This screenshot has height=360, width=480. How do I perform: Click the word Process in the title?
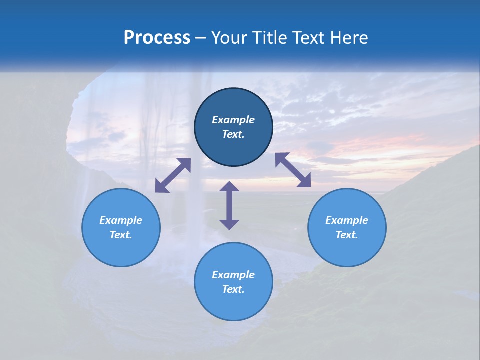click(157, 38)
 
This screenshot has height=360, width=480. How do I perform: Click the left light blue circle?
click(121, 227)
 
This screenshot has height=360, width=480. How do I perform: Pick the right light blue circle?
click(347, 227)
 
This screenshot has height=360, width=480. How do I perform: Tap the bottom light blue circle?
click(233, 281)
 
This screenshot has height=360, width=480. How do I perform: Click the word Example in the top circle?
click(233, 120)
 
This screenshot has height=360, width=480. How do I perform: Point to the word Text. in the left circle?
click(121, 235)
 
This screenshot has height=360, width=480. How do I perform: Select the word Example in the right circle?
click(347, 220)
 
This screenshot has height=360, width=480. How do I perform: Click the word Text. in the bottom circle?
click(233, 289)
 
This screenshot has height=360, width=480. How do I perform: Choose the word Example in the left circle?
click(121, 220)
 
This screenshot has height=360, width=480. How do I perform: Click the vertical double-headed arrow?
click(229, 205)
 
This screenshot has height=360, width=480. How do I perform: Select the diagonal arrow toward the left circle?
click(173, 175)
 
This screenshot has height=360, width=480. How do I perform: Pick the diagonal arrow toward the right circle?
click(293, 170)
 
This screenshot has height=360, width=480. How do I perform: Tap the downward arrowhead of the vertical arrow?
click(229, 224)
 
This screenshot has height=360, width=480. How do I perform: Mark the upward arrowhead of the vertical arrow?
click(229, 186)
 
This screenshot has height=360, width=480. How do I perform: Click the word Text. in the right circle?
click(347, 235)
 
